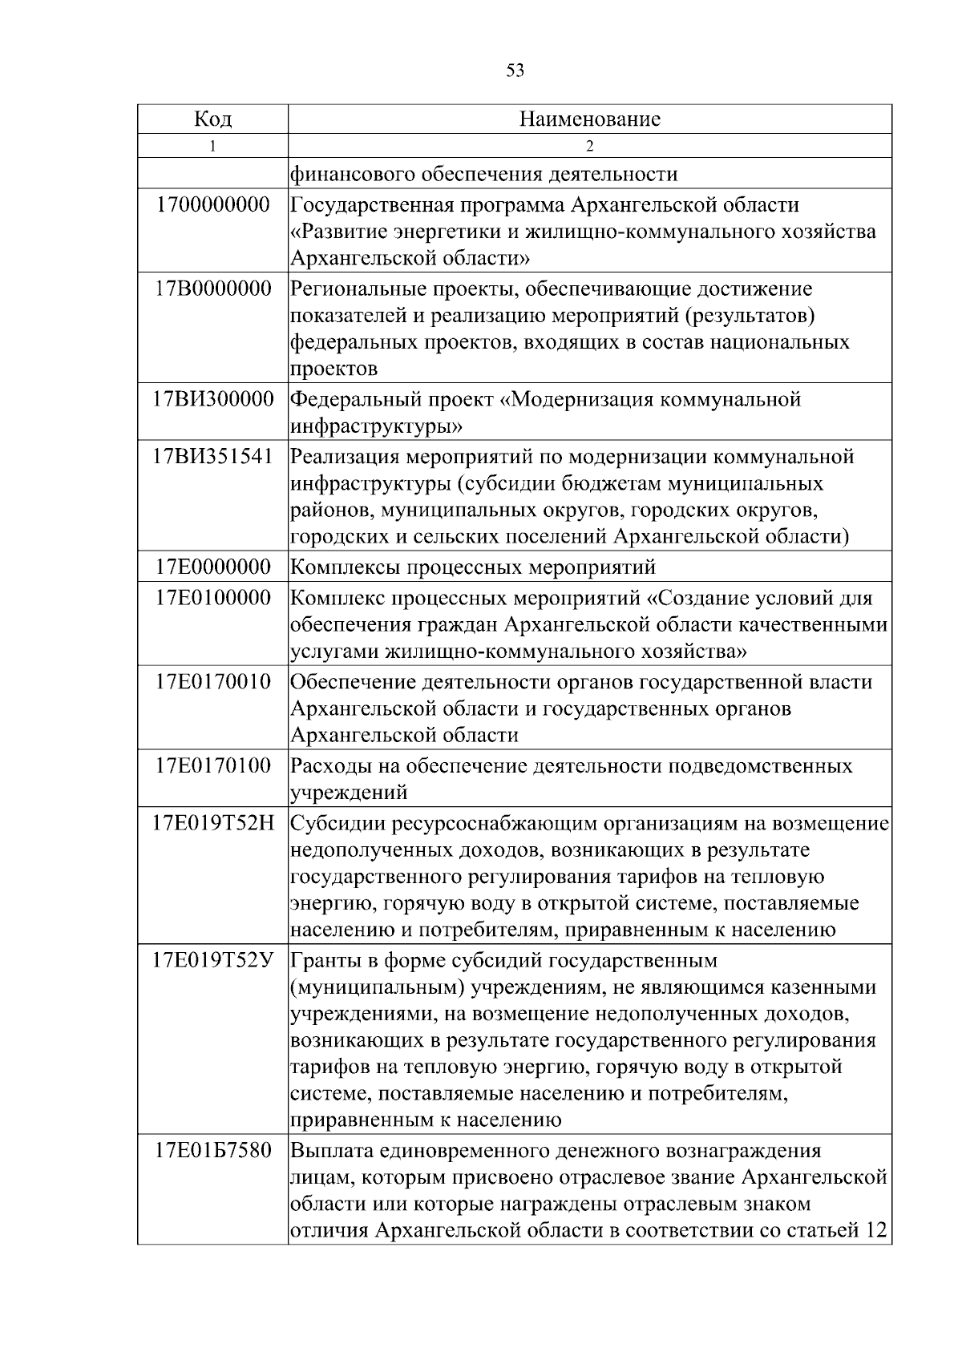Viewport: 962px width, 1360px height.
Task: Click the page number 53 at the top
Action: pos(515,71)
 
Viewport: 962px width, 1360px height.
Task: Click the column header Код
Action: pos(212,119)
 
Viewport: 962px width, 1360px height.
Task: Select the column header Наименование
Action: pos(589,119)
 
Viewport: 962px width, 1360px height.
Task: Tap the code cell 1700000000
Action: pos(212,204)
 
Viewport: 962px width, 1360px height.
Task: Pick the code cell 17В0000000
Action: pos(212,288)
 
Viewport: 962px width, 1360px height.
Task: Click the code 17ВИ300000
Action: pos(212,398)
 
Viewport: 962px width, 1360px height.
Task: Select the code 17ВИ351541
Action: pos(212,456)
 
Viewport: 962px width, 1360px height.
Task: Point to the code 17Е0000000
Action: pos(212,567)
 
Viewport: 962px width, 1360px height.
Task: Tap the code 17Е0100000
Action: pos(212,598)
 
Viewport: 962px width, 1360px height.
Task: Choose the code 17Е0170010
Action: pos(212,681)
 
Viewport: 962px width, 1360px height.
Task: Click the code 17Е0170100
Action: pos(212,765)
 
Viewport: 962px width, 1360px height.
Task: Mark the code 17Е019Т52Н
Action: pos(212,823)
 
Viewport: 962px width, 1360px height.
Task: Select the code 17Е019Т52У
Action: pos(212,959)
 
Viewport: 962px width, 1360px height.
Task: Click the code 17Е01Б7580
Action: pos(212,1151)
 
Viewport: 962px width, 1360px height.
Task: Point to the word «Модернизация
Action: pos(570,399)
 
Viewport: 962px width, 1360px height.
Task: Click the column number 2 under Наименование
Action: pos(589,146)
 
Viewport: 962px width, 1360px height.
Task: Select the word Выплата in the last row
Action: pos(331,1152)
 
